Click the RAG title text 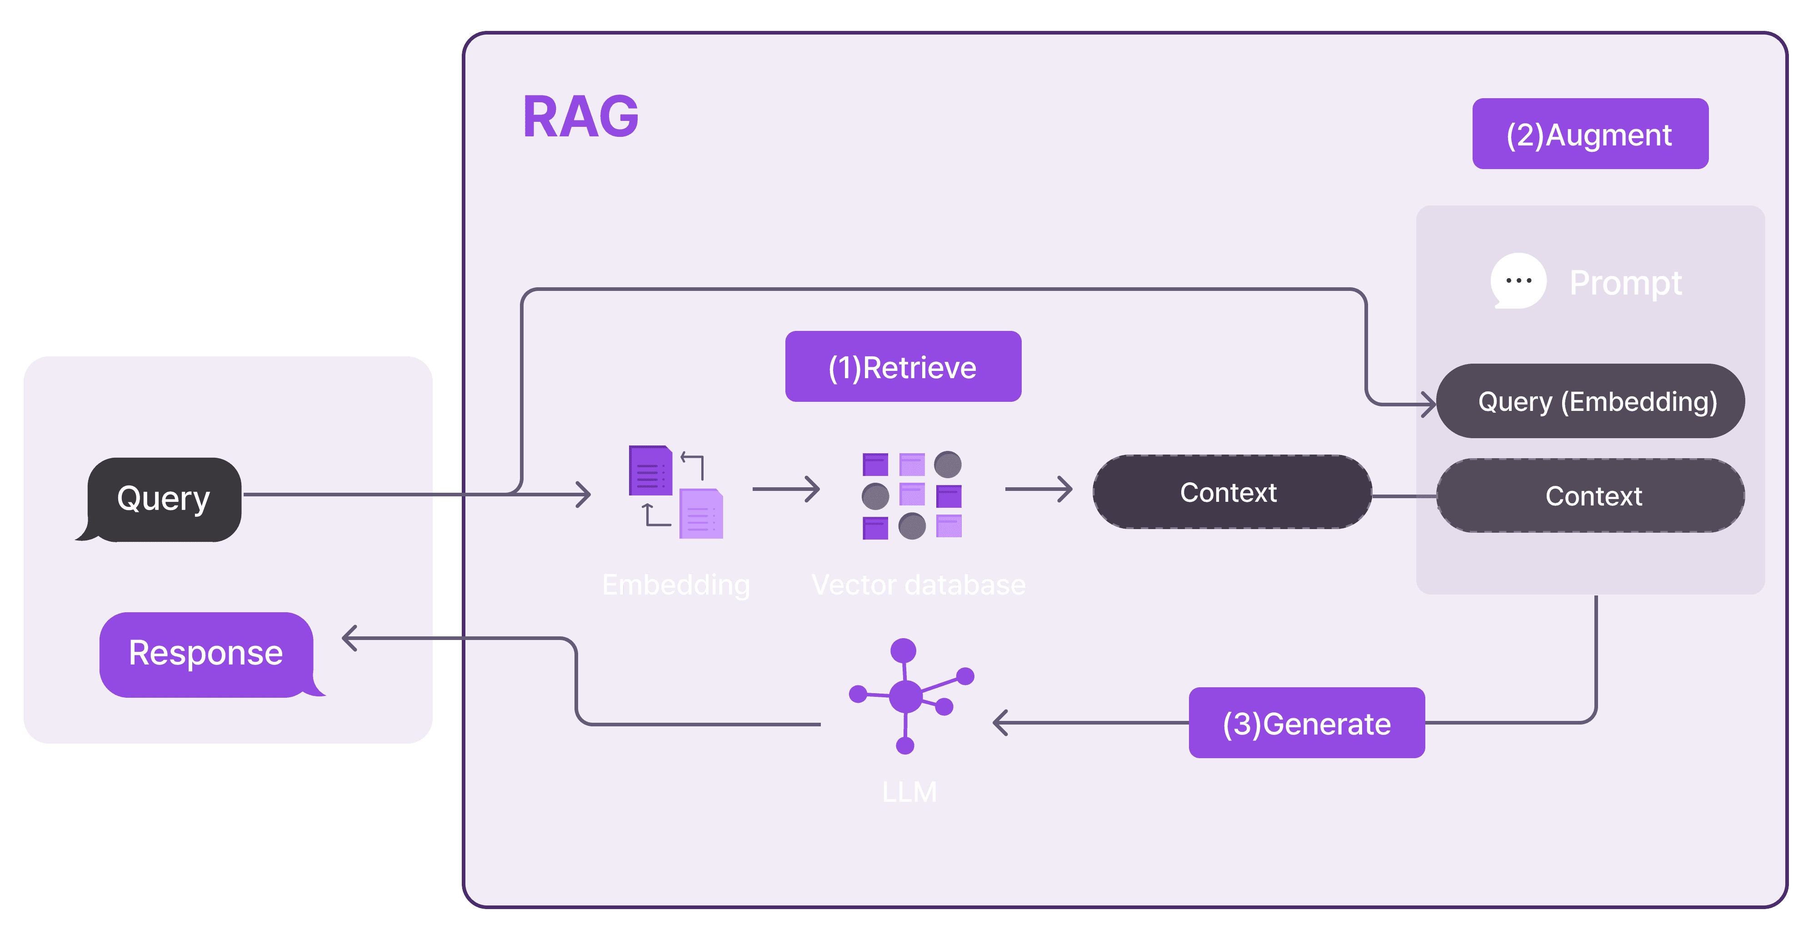click(580, 116)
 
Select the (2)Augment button click(1589, 134)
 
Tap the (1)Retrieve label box click(903, 367)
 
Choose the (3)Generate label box click(1306, 723)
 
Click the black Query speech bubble click(164, 499)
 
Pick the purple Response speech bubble click(206, 654)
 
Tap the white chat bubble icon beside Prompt click(1518, 281)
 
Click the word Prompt click(1625, 283)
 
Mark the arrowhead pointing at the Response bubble click(349, 639)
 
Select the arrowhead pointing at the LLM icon click(999, 723)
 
